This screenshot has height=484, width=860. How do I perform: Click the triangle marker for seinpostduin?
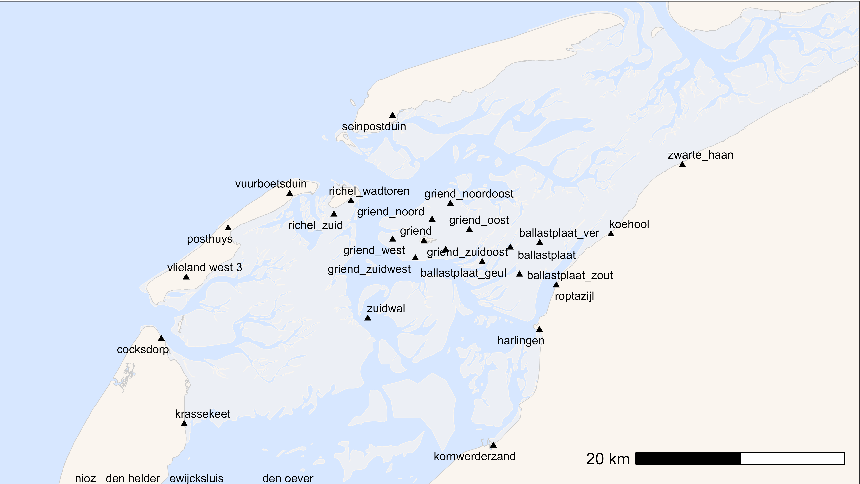(x=393, y=115)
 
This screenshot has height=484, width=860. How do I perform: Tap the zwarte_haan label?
(x=700, y=155)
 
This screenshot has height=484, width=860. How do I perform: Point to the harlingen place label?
(x=521, y=341)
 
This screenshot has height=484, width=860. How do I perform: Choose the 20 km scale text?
(x=608, y=459)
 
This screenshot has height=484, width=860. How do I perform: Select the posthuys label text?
(x=210, y=239)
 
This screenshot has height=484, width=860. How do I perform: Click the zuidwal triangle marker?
(x=368, y=318)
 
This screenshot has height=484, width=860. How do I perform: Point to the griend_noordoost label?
(x=469, y=194)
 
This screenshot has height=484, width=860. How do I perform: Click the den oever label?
(x=288, y=478)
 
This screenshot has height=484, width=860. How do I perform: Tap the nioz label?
(x=85, y=478)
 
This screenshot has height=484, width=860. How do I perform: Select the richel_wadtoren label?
(x=369, y=191)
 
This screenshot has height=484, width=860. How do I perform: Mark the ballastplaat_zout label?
(x=570, y=276)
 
